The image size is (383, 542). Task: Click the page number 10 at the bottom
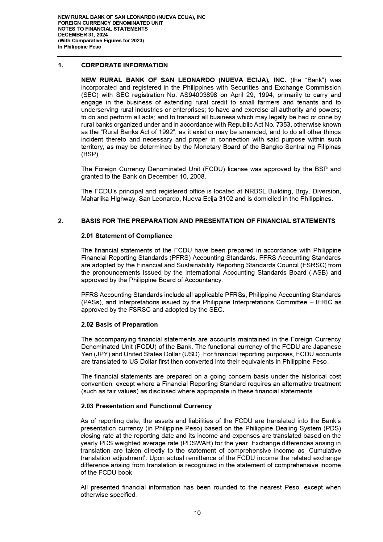(x=197, y=513)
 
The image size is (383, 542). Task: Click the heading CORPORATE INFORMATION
(x=124, y=65)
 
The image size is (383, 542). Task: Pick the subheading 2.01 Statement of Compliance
(x=127, y=236)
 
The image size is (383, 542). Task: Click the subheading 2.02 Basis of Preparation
(x=119, y=324)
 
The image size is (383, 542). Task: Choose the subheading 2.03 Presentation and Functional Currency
(x=146, y=406)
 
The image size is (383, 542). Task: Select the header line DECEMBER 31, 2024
(x=83, y=35)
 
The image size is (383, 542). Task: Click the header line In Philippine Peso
(x=80, y=47)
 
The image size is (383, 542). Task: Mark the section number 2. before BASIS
(x=60, y=221)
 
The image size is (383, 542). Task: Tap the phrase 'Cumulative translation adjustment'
(x=321, y=451)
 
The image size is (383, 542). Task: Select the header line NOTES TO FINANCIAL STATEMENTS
(x=103, y=29)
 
